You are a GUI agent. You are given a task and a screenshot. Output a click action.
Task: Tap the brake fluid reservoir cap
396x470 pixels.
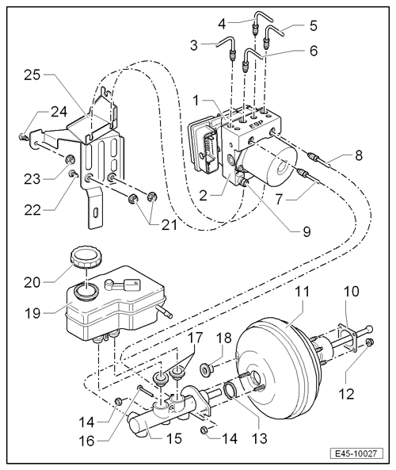click(86, 257)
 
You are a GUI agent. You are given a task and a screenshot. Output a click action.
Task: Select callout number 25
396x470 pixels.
click(32, 75)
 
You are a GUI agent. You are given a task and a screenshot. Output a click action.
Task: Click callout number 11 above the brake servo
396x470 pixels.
click(303, 292)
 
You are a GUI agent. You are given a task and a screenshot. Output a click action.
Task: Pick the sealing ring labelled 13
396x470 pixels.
click(230, 390)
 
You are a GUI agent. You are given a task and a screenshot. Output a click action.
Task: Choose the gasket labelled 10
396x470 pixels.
click(347, 337)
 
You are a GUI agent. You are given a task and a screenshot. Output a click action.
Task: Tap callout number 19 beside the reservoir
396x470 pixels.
click(32, 313)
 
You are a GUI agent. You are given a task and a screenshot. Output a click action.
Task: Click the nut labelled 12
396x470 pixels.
click(370, 342)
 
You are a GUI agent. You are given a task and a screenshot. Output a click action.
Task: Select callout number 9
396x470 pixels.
click(307, 231)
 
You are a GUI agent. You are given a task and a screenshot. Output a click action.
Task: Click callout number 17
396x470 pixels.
click(195, 337)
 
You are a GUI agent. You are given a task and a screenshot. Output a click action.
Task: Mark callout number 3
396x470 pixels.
click(194, 45)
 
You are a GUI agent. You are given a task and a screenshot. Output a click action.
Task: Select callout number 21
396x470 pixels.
click(169, 224)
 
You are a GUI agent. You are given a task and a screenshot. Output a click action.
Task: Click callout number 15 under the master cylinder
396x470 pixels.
click(174, 439)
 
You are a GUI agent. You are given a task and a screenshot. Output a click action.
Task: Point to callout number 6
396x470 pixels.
click(314, 51)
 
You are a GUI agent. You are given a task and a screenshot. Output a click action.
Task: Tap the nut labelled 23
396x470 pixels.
click(70, 159)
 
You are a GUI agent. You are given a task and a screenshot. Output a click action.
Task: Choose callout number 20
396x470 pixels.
click(32, 282)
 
